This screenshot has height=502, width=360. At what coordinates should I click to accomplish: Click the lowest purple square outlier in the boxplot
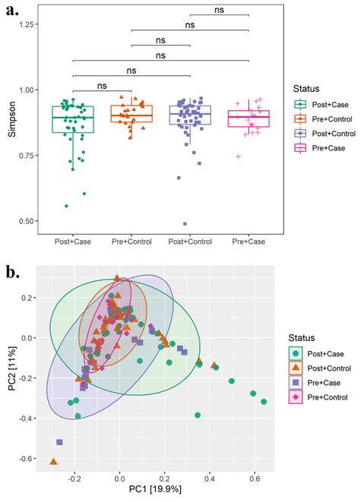pos(185,224)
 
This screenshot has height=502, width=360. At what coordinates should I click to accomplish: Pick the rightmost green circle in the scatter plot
pos(264,402)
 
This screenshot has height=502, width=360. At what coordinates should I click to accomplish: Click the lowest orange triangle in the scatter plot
pos(53,461)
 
